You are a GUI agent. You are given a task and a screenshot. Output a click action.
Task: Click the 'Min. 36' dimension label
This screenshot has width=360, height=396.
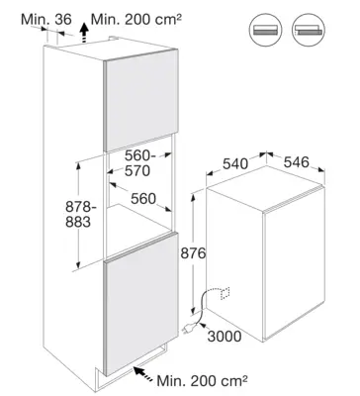click(46, 19)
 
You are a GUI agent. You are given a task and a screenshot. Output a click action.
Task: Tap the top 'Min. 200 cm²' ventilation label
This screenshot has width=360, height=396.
click(136, 19)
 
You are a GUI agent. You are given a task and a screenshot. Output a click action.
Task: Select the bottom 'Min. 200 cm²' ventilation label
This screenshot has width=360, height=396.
click(203, 380)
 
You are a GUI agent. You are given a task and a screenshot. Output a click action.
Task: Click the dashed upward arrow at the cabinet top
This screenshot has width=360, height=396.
click(85, 33)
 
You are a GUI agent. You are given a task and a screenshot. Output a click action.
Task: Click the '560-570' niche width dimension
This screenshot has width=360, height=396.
click(137, 163)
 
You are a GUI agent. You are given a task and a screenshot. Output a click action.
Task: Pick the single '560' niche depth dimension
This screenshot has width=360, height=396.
click(143, 199)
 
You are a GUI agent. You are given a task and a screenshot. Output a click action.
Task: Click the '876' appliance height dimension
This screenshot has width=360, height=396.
click(193, 253)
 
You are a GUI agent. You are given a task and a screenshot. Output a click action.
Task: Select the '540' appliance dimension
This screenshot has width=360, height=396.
click(235, 163)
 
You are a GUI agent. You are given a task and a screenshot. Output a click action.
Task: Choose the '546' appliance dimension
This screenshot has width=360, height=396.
click(297, 162)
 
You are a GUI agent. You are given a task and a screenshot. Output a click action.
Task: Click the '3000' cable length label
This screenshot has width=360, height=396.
click(225, 337)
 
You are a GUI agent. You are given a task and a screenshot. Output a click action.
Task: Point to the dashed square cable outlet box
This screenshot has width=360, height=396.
click(225, 293)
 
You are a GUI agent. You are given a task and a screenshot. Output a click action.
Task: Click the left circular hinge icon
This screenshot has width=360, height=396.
click(265, 30)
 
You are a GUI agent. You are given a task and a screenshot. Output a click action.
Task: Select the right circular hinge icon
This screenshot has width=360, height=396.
click(309, 30)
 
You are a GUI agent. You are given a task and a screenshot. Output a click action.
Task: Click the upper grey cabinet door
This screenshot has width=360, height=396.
click(141, 100)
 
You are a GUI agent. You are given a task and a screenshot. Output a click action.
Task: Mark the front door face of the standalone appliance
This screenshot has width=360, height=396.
click(295, 264)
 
